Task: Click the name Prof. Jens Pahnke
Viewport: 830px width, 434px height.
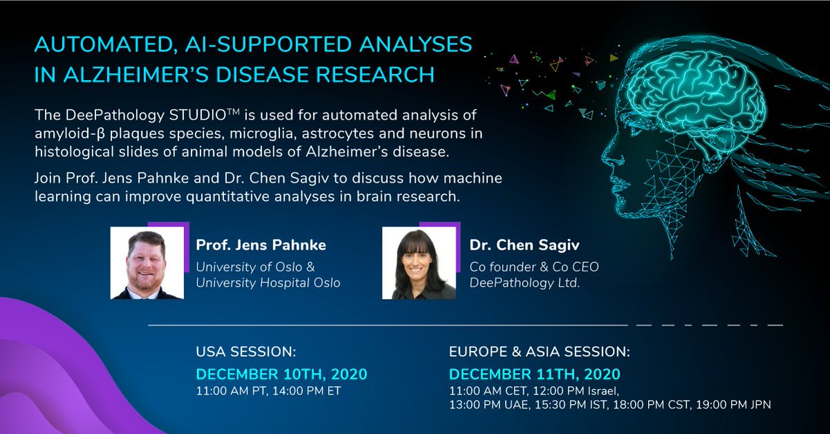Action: [261, 245]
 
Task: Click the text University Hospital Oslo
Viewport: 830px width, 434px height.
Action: [268, 282]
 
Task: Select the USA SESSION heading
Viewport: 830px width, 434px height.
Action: [246, 352]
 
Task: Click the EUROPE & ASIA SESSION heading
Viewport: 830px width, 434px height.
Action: [539, 352]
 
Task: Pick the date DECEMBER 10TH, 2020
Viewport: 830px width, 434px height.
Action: [282, 374]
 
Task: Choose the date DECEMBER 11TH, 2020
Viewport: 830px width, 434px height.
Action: [535, 374]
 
